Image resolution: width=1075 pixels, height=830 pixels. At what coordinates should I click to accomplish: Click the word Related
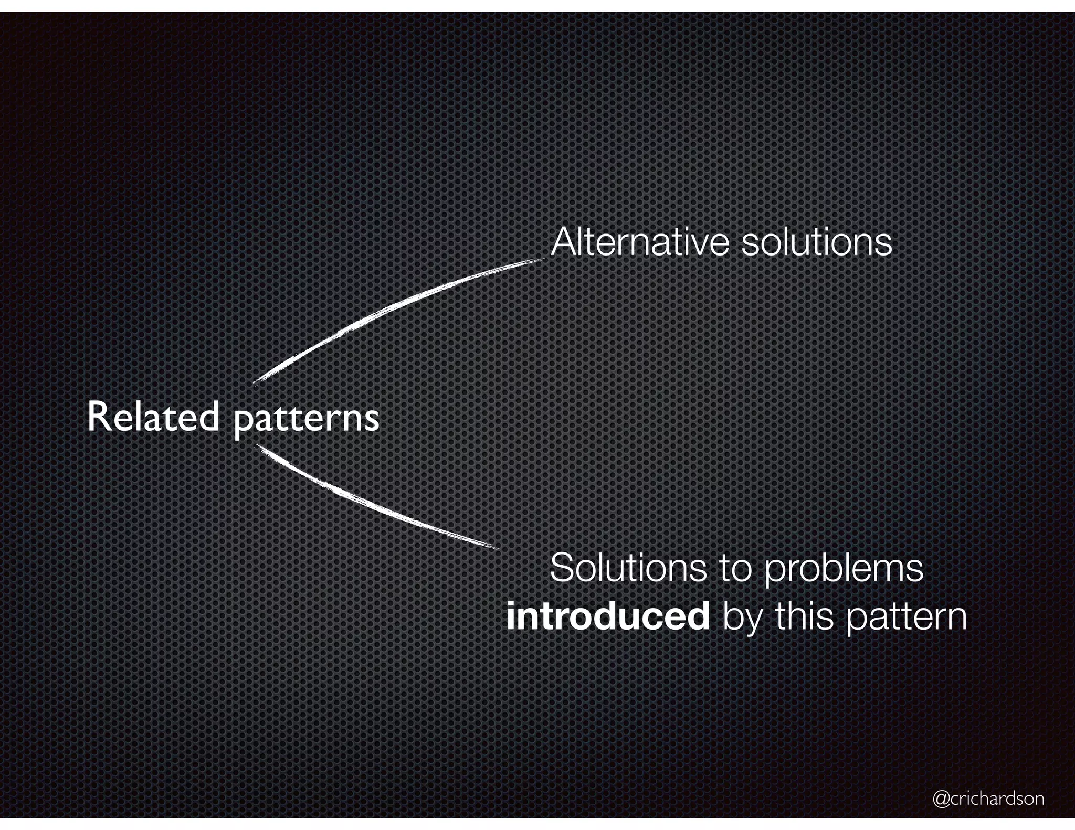pyautogui.click(x=153, y=417)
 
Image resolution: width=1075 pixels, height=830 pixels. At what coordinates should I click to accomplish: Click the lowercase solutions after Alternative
pyautogui.click(x=816, y=242)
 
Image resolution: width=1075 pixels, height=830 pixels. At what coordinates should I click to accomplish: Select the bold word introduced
pyautogui.click(x=608, y=617)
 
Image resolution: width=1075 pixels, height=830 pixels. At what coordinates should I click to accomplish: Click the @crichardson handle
pyautogui.click(x=988, y=799)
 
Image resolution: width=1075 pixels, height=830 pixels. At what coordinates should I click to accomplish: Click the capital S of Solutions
pyautogui.click(x=561, y=568)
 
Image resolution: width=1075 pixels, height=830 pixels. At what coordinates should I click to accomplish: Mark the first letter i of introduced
pyautogui.click(x=510, y=617)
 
